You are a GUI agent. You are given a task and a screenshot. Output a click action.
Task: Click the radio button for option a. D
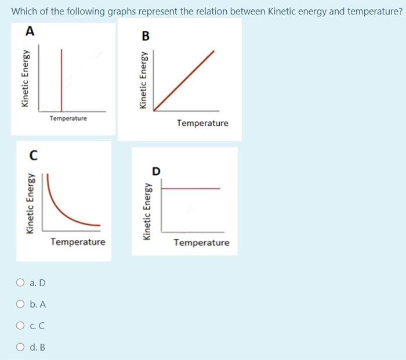[21, 283]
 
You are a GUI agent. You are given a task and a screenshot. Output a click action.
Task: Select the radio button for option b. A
[21, 305]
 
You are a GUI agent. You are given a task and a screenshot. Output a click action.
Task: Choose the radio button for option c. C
[21, 326]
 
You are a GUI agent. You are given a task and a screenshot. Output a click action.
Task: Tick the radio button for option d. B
[21, 347]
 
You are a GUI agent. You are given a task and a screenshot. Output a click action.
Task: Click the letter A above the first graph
[30, 33]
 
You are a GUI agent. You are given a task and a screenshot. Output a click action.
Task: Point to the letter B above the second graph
[146, 37]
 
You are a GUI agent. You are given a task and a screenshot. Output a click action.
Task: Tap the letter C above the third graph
[34, 156]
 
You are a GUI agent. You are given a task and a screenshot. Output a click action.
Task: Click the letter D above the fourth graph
[155, 171]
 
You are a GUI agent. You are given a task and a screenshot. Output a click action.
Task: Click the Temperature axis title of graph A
[68, 118]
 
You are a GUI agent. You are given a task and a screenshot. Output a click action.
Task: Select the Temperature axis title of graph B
[202, 123]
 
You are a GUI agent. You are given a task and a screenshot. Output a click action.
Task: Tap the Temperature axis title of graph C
[78, 242]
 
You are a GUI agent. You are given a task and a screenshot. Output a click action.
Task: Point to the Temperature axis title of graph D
[202, 243]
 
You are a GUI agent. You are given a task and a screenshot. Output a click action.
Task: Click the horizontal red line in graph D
[190, 188]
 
